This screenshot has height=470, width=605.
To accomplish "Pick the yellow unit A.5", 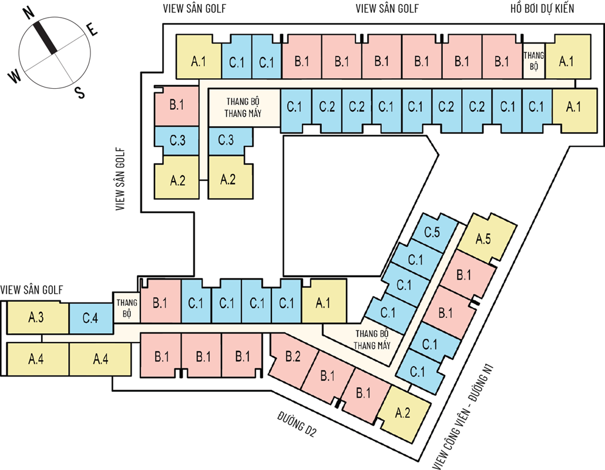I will pos(483,239).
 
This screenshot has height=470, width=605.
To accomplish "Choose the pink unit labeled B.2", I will pos(293,356).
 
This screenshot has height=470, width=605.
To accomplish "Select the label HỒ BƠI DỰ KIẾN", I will pos(542,8).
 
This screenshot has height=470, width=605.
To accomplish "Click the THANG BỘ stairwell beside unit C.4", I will pos(126,308).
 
